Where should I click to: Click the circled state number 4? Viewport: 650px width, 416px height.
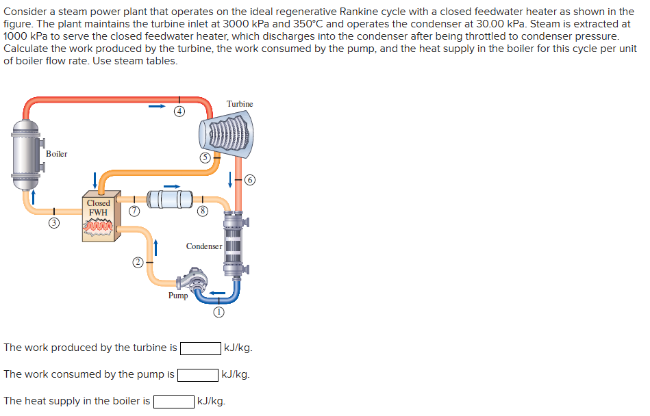[x=179, y=110]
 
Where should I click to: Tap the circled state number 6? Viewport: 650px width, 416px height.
[x=250, y=180]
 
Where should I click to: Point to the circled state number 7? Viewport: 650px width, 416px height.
[x=135, y=212]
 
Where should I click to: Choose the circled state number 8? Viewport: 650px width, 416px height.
[x=202, y=212]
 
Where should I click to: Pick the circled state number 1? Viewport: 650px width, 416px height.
[x=218, y=312]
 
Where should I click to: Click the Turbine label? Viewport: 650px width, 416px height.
[x=240, y=104]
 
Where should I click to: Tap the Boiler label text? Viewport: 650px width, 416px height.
[x=56, y=154]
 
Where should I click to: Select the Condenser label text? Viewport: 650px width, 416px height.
[x=203, y=246]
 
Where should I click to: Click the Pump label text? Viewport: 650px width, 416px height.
[x=178, y=296]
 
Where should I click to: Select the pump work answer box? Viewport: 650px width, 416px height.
[x=197, y=375]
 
